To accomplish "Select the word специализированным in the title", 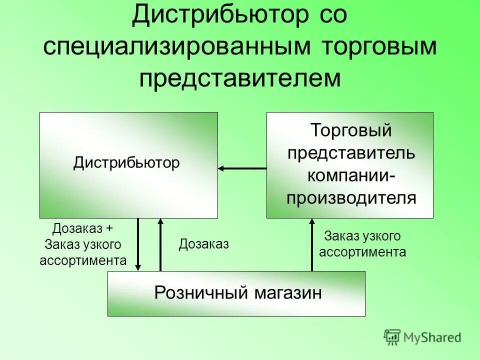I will [172, 47].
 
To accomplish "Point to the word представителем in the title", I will [240, 79].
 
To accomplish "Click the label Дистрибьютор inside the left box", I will [126, 163].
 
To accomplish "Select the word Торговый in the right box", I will [350, 131].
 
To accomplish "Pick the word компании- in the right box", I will [350, 175].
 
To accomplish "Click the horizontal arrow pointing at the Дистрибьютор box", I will [242, 169].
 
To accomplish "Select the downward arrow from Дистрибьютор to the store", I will [138, 244].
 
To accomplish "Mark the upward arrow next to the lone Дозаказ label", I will [160, 244].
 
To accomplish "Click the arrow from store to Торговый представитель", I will [312, 244].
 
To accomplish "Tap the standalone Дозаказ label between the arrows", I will [203, 244].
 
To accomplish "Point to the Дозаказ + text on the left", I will [83, 228].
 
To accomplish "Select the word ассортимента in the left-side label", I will [83, 260].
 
